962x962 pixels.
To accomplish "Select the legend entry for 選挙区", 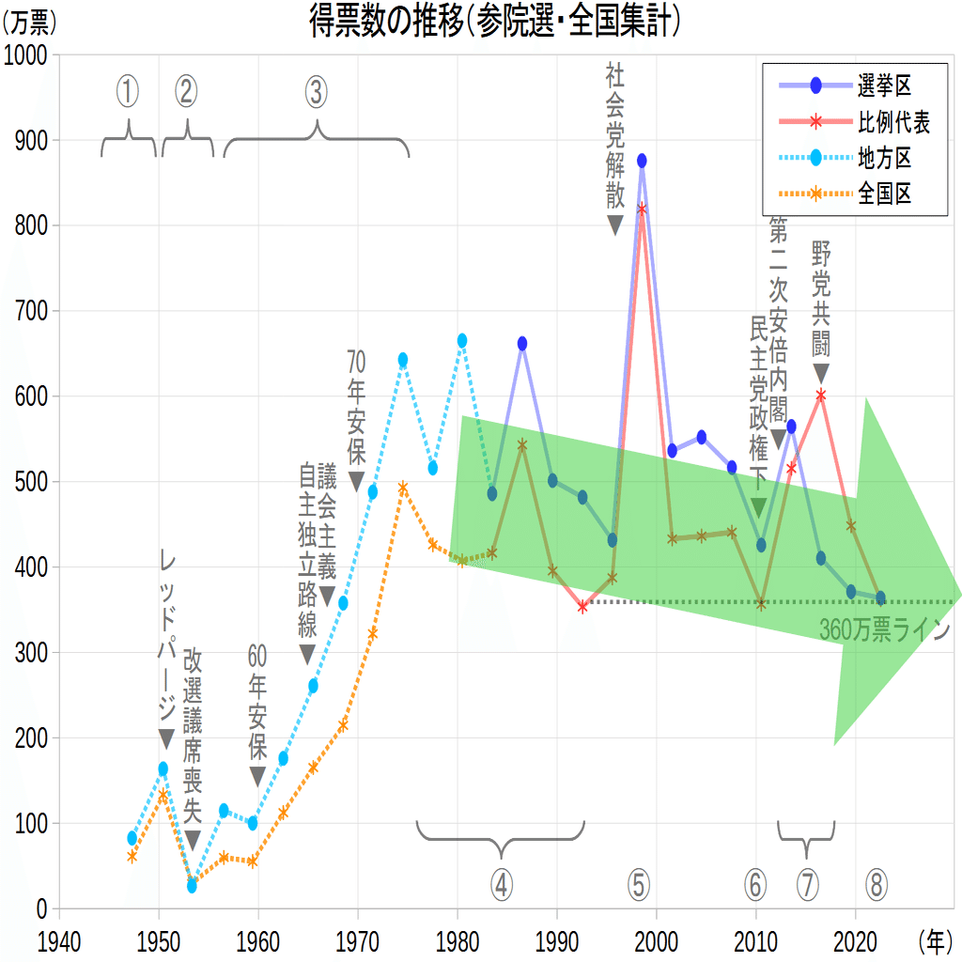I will [x=884, y=86].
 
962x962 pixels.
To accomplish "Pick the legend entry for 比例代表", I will [x=893, y=122].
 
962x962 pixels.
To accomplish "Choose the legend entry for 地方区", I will [x=884, y=158].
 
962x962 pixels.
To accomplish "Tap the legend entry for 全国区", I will [x=884, y=194].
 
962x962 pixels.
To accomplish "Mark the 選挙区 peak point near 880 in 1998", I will [x=642, y=161].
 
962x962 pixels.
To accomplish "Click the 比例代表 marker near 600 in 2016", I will [x=821, y=396].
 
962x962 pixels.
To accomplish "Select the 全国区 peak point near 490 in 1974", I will [x=403, y=488].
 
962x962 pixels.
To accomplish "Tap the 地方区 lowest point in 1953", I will [x=192, y=886].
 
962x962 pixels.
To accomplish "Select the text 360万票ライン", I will [x=884, y=629].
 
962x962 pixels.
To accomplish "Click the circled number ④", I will [x=501, y=884].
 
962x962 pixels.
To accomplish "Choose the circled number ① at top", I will [x=128, y=91].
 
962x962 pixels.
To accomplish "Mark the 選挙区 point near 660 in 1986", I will [x=522, y=344].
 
